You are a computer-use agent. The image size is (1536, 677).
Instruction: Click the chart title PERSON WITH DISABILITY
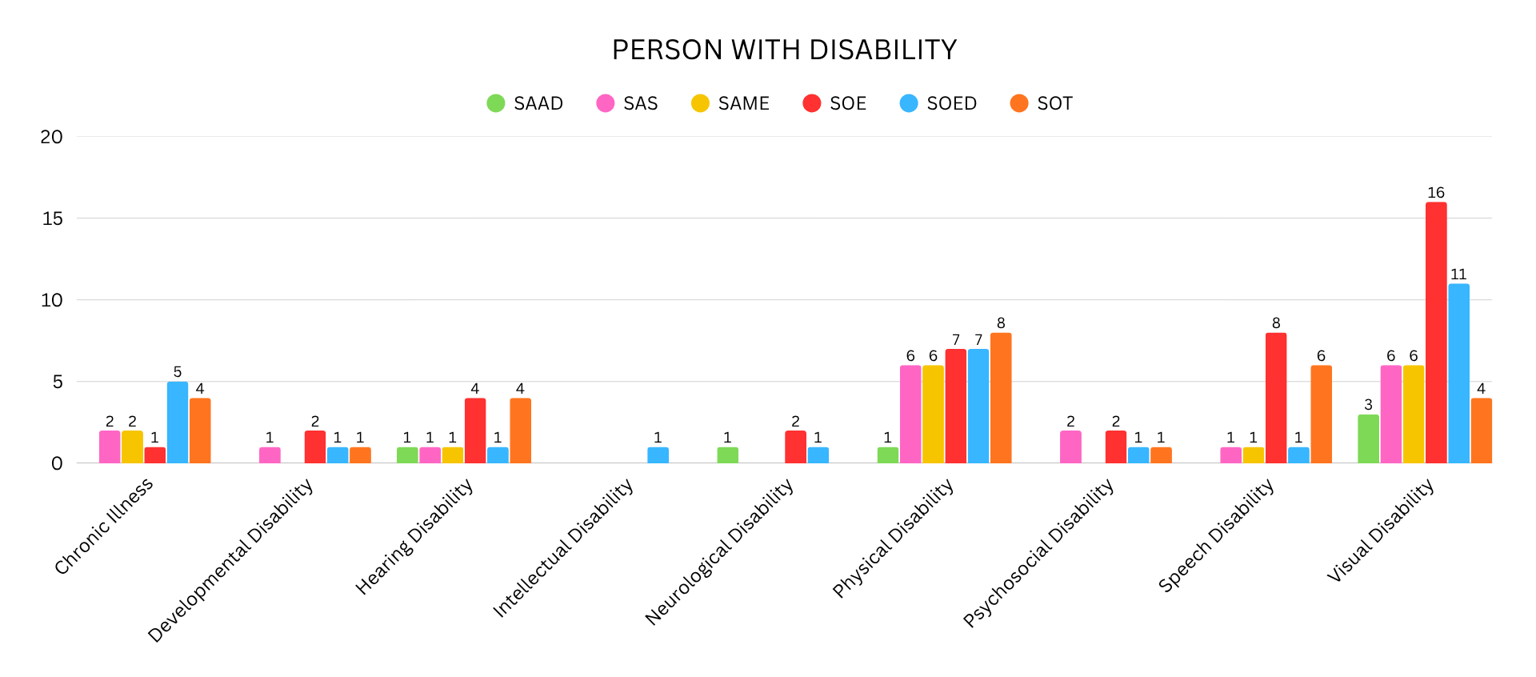click(784, 50)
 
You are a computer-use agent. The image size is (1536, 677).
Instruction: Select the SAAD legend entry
click(525, 103)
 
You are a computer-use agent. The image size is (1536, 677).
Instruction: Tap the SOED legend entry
click(938, 103)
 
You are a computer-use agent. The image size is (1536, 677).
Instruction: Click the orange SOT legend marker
click(1018, 103)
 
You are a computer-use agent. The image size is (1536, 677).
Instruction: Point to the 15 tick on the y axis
click(52, 218)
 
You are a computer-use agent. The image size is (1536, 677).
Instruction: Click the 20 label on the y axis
click(52, 137)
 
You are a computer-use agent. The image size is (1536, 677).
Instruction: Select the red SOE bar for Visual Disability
click(1436, 333)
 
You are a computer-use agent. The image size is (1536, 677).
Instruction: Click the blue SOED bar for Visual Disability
click(1458, 374)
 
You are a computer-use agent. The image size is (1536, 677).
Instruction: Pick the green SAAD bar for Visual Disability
click(1368, 439)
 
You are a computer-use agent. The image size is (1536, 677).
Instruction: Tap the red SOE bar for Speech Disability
click(1276, 399)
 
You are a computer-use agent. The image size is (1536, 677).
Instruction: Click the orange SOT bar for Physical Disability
click(1001, 399)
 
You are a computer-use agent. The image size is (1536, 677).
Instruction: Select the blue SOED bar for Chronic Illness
click(178, 423)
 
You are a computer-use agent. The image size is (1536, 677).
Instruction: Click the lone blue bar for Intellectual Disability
click(658, 455)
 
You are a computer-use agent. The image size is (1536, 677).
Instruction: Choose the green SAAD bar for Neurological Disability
click(727, 455)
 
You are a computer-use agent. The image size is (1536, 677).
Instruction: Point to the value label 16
click(1436, 193)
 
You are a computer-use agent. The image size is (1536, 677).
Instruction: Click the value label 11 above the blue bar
click(1458, 274)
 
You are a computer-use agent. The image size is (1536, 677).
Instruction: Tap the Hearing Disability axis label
click(414, 537)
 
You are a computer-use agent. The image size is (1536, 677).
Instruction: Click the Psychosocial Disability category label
click(1038, 553)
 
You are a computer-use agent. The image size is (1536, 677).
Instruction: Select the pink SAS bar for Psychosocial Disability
click(1070, 447)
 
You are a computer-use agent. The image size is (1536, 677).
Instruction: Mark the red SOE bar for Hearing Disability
click(475, 431)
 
